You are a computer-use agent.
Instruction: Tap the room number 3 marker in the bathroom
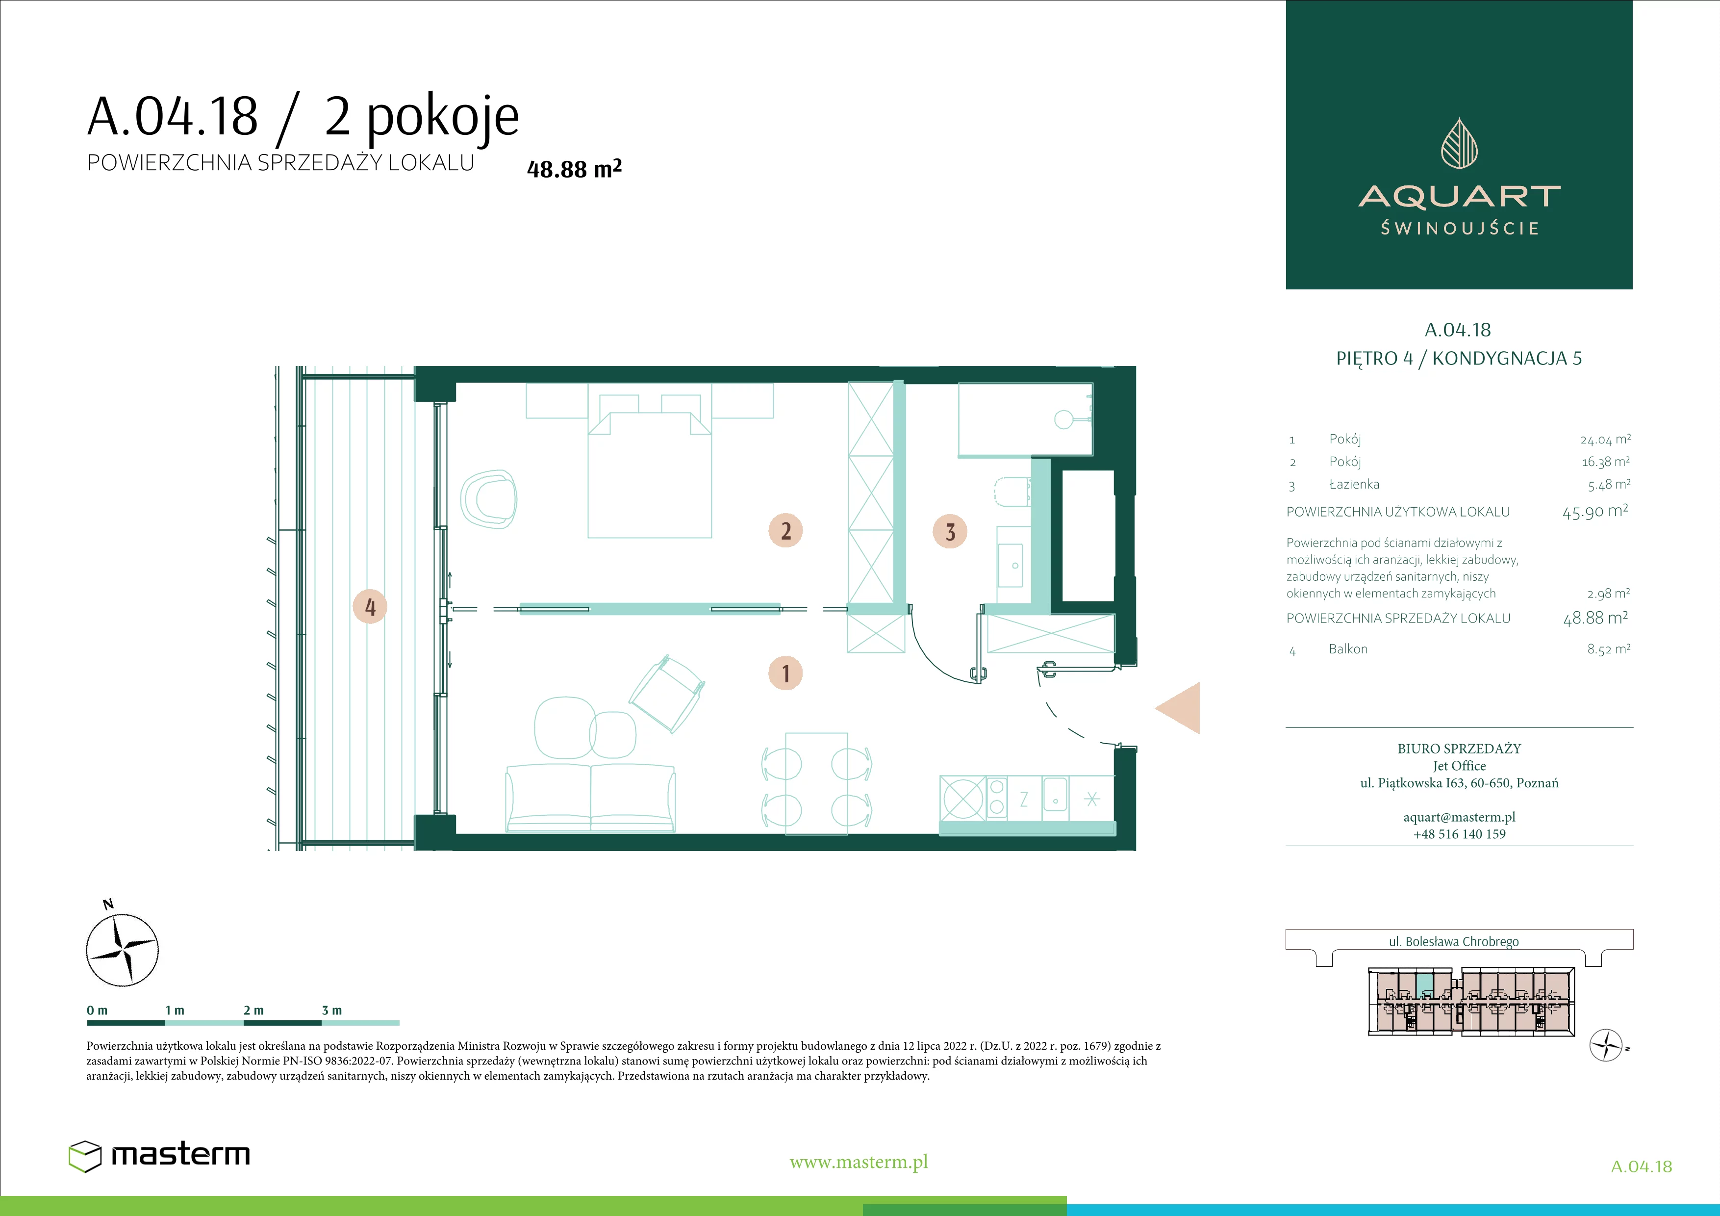(x=950, y=531)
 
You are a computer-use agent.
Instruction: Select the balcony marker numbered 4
(x=370, y=606)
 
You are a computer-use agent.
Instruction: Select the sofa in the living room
(x=591, y=798)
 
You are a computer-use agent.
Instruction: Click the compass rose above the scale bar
(x=122, y=949)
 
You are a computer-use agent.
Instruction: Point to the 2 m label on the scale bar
(x=253, y=1010)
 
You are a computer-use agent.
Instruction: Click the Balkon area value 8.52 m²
(x=1608, y=649)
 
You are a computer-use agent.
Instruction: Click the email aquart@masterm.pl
(x=1459, y=817)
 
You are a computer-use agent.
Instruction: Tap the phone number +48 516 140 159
(x=1459, y=834)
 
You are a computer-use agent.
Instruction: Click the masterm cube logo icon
(x=85, y=1155)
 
